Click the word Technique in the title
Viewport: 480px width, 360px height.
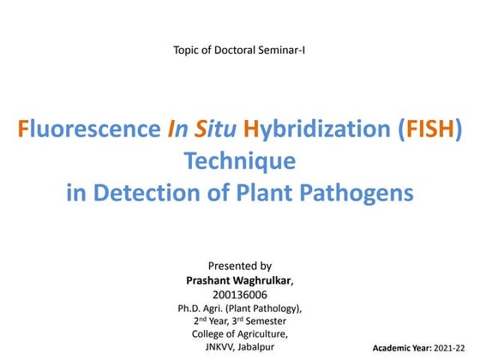[x=239, y=162]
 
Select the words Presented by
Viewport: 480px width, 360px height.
[x=240, y=266]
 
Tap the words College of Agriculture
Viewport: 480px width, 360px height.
[x=240, y=333]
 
